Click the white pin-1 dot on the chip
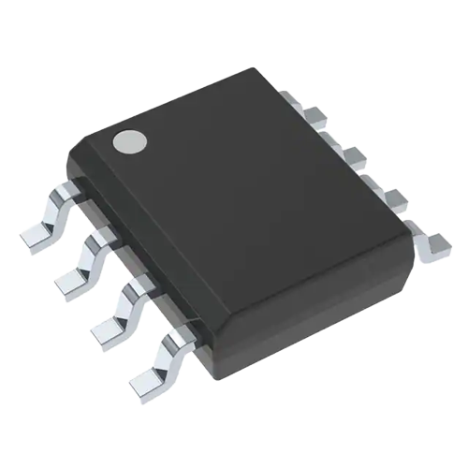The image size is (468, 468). pyautogui.click(x=128, y=142)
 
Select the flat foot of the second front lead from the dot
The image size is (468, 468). pyautogui.click(x=69, y=280)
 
